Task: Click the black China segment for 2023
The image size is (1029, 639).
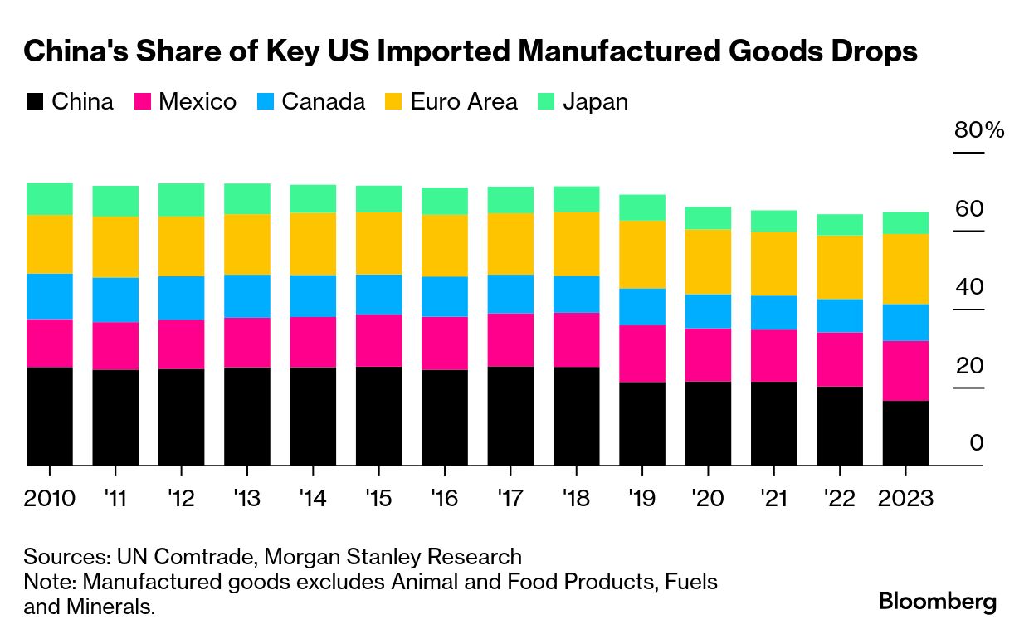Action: [x=905, y=433]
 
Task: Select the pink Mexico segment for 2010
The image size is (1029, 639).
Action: [x=49, y=343]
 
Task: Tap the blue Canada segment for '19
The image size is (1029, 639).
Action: [x=641, y=307]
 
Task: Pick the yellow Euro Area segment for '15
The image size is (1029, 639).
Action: [x=378, y=243]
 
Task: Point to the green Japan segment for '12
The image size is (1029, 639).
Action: [x=181, y=200]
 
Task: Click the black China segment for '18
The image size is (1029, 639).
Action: [x=576, y=416]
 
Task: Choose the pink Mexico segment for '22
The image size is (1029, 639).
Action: [x=839, y=359]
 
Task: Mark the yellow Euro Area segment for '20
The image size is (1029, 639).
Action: [x=708, y=261]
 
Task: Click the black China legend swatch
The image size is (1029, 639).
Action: [x=34, y=102]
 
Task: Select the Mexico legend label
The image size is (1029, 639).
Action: [x=197, y=102]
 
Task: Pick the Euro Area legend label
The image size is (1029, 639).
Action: [x=463, y=102]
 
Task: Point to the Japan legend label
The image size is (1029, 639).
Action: [x=595, y=102]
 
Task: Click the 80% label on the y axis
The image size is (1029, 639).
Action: [x=979, y=130]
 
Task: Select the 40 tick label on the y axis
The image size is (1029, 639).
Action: [x=969, y=287]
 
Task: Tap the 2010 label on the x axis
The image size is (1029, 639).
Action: [x=49, y=499]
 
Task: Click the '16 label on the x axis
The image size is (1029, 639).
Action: [x=444, y=499]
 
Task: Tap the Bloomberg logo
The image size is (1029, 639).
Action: [x=938, y=601]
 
